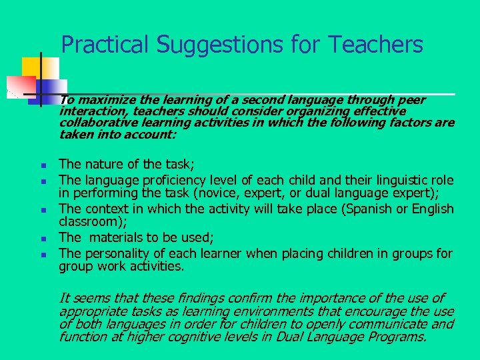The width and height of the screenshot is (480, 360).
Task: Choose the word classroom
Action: click(x=89, y=222)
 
